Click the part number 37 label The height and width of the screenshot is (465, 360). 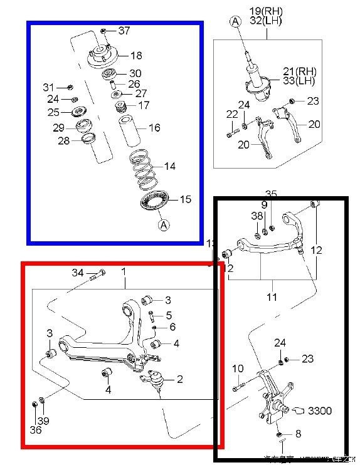pyautogui.click(x=124, y=31)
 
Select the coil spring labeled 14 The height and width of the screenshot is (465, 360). pyautogui.click(x=146, y=169)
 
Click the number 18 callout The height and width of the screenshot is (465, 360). pyautogui.click(x=135, y=56)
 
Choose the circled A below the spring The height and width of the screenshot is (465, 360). pyautogui.click(x=162, y=225)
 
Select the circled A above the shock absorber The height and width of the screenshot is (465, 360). pyautogui.click(x=235, y=22)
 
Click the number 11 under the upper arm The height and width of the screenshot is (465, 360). pyautogui.click(x=271, y=297)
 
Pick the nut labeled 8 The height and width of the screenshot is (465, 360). pyautogui.click(x=278, y=434)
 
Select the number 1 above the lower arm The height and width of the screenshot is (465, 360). pyautogui.click(x=124, y=272)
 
